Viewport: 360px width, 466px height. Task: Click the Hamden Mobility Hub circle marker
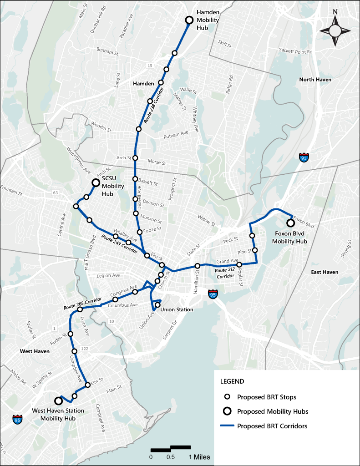[x=189, y=20]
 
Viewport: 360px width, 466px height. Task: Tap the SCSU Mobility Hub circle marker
[x=96, y=183]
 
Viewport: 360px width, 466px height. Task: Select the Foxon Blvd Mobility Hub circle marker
[x=290, y=223]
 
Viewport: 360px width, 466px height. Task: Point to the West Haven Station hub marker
[x=58, y=401]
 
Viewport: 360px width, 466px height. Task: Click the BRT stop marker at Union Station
[x=158, y=305]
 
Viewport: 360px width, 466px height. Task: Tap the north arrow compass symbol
[x=335, y=30]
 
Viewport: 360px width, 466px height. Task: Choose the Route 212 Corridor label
[x=225, y=273]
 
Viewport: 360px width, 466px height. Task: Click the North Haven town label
[x=315, y=80]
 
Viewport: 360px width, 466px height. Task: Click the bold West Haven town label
[x=35, y=352]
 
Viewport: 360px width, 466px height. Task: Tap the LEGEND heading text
[x=232, y=381]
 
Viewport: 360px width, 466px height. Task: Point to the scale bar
[x=170, y=448]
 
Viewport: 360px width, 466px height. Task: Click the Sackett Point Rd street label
[x=296, y=52]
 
